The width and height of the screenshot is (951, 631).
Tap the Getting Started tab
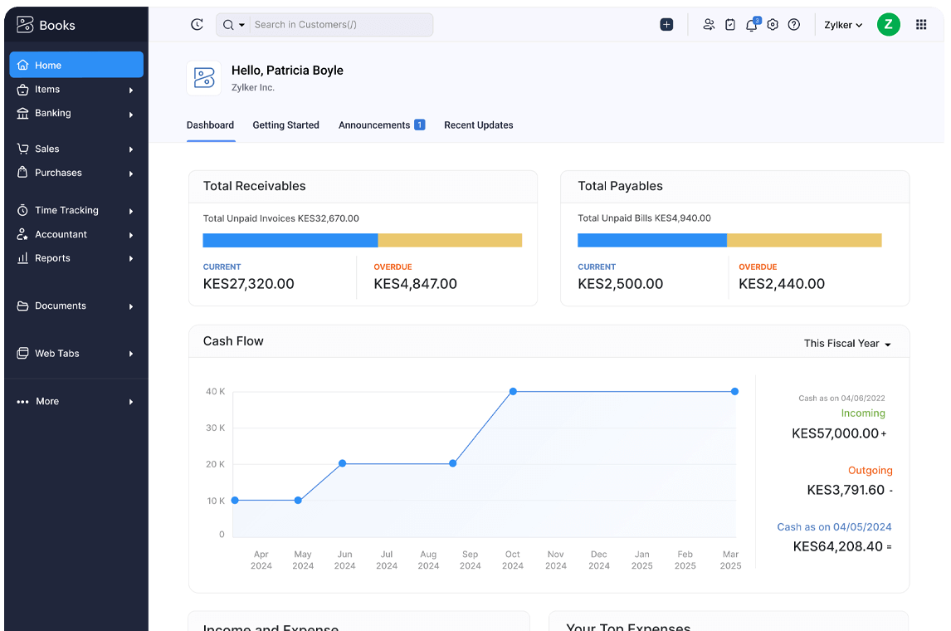(x=285, y=125)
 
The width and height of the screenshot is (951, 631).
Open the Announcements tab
(x=374, y=125)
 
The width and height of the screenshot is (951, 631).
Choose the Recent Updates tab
(x=478, y=125)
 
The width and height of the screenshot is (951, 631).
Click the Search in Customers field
(x=340, y=25)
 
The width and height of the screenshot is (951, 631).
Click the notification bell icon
(x=751, y=25)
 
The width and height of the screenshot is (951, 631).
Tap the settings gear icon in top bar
(x=773, y=25)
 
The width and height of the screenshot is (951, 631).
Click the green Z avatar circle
(x=888, y=25)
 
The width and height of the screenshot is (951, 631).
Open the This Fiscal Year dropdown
(x=846, y=344)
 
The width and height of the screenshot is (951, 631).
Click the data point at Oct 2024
(x=513, y=391)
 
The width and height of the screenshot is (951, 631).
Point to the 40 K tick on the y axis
(x=215, y=391)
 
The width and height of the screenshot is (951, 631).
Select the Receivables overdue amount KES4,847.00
(x=415, y=284)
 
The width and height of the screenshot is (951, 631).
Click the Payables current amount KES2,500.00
(x=620, y=284)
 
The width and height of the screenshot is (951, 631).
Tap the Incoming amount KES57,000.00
(x=835, y=433)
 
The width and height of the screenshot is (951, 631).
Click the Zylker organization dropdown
(x=843, y=25)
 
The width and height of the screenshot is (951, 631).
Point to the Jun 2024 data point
(x=342, y=463)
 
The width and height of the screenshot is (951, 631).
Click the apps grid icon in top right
(x=921, y=25)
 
